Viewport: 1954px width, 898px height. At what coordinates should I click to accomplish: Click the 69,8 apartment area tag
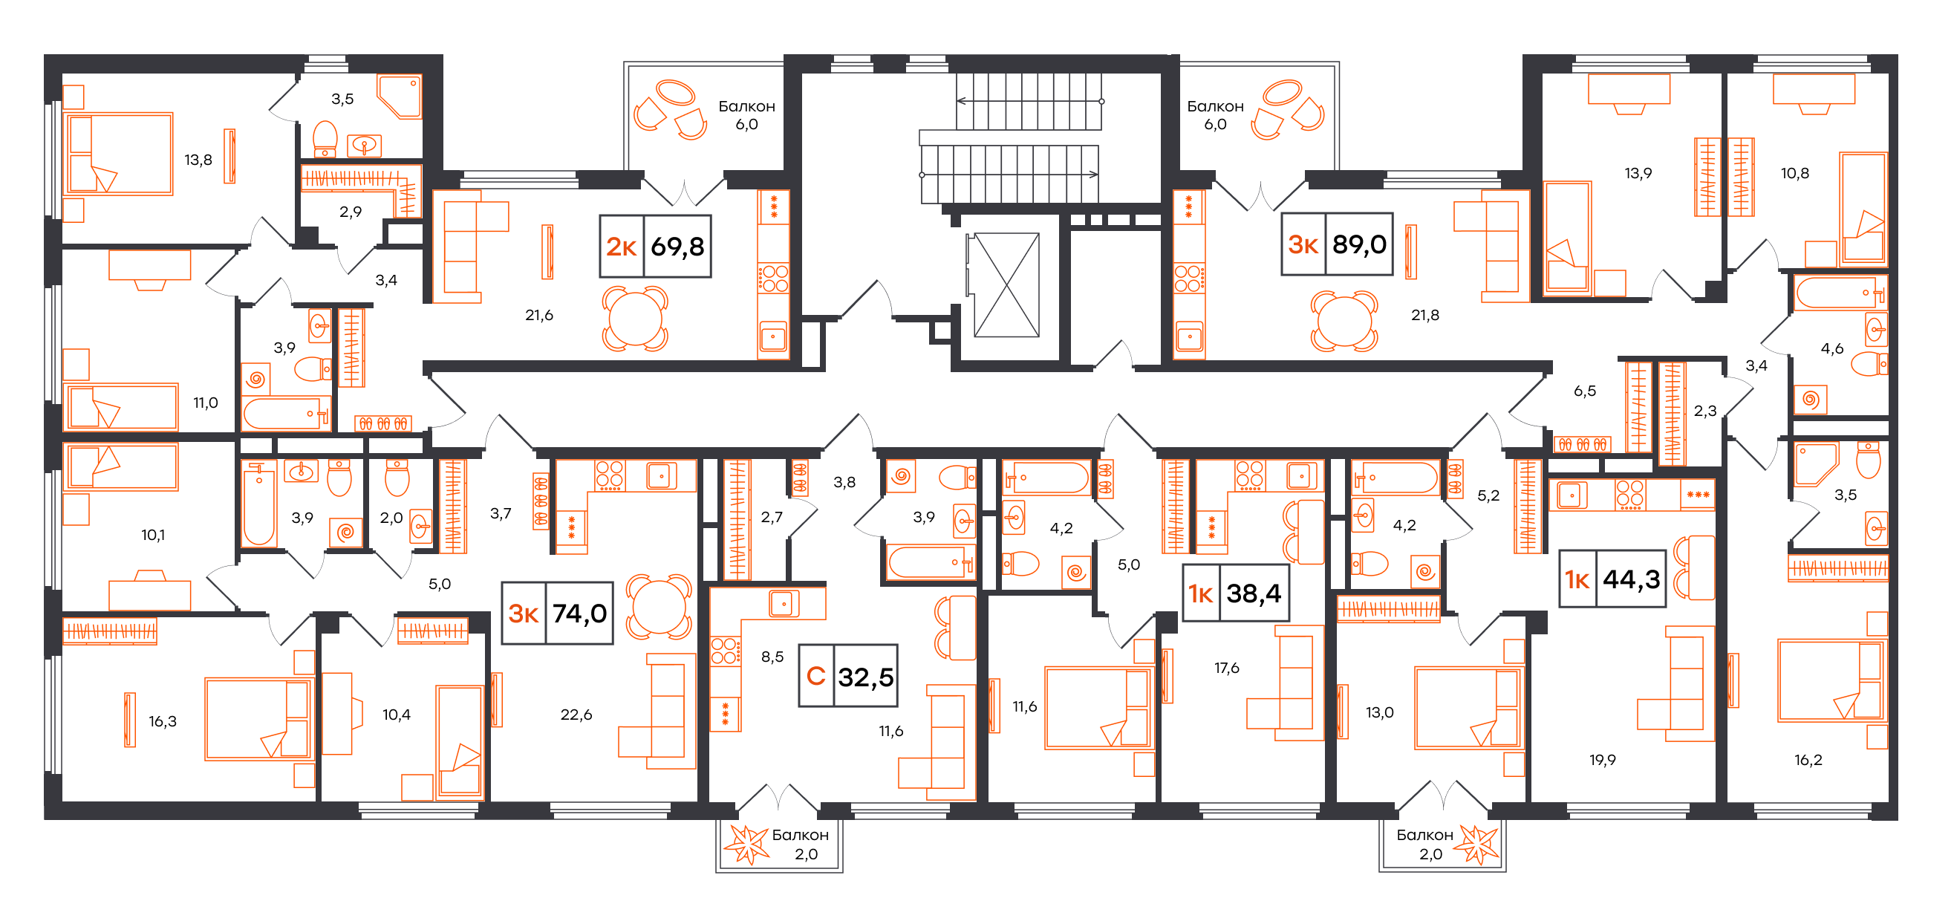coord(655,246)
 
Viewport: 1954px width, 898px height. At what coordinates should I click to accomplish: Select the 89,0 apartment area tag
coord(1338,244)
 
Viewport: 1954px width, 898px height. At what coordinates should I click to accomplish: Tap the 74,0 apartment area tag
coord(558,613)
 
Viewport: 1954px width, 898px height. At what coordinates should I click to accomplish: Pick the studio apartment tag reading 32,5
coord(848,676)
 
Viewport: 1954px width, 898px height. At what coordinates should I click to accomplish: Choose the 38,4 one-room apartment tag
coord(1237,593)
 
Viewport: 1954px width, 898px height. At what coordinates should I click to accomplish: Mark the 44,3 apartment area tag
coord(1612,579)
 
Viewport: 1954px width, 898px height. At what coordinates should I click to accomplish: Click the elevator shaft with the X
coord(1006,285)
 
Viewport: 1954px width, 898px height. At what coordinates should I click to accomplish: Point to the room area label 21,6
coord(539,315)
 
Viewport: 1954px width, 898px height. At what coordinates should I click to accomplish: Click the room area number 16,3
coord(163,721)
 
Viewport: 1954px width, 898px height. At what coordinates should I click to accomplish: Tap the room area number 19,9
coord(1603,760)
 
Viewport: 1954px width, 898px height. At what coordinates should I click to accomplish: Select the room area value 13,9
coord(1638,173)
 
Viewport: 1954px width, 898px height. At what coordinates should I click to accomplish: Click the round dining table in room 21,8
coord(1344,322)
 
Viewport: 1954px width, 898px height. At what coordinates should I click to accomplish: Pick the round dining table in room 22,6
coord(660,607)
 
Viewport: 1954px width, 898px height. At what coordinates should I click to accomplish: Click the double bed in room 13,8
coord(119,154)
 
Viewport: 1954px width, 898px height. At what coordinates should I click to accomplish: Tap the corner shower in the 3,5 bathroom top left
coord(400,97)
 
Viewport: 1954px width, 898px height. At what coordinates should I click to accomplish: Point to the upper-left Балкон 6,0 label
coord(746,115)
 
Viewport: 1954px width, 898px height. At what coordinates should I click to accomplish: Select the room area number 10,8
coord(1795,173)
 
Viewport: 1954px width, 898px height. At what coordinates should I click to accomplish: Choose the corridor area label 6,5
coord(1585,391)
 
